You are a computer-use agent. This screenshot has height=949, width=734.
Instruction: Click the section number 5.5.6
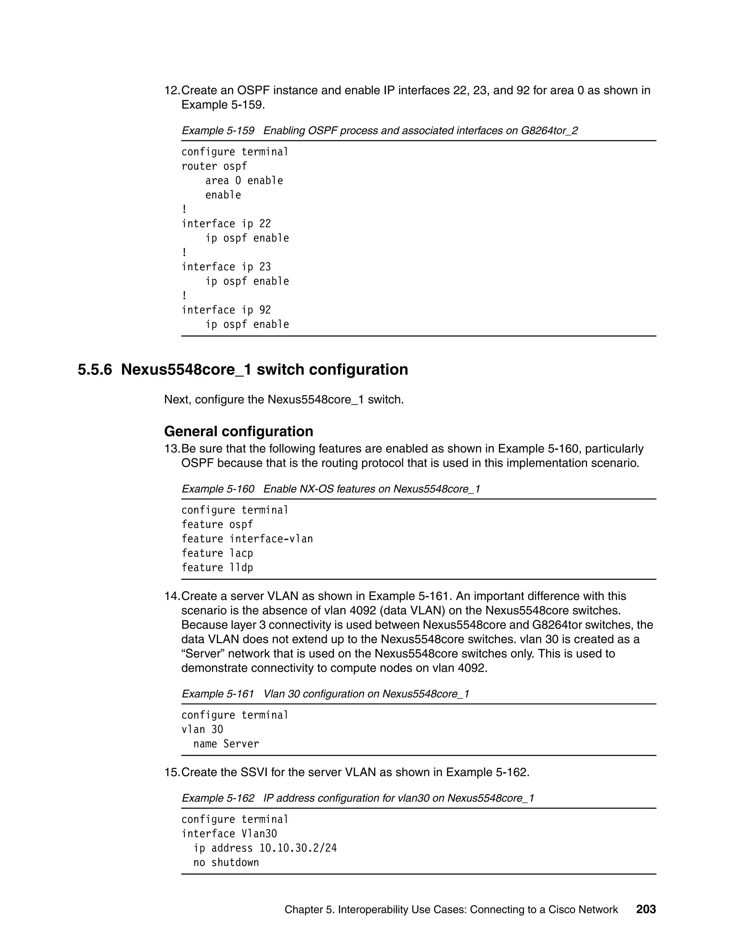coord(95,370)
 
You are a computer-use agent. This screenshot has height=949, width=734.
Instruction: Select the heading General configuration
coord(238,431)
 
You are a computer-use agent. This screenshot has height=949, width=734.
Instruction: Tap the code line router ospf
coord(214,167)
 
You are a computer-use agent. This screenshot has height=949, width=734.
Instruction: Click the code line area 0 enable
coord(244,181)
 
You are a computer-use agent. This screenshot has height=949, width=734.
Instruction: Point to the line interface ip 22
coord(226,224)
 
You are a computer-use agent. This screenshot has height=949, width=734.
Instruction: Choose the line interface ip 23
coord(226,267)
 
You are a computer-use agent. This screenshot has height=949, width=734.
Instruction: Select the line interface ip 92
coord(226,310)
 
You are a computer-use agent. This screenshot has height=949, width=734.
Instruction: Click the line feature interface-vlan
coord(247,539)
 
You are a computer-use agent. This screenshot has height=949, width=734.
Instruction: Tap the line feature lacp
coord(217,553)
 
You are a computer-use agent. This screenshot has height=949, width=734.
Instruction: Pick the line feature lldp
coord(217,568)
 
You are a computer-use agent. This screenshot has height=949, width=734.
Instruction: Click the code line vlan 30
coord(202,729)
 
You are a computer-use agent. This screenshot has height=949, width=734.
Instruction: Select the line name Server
coord(226,744)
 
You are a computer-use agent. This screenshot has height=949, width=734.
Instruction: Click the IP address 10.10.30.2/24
coord(298,848)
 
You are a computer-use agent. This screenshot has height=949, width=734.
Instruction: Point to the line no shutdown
coord(226,863)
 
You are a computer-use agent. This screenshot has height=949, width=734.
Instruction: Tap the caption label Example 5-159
coord(218,131)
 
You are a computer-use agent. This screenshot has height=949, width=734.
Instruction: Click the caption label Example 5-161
coord(218,694)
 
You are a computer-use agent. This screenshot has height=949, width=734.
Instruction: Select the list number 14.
coord(171,596)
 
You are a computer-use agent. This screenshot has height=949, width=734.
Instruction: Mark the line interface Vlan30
coord(229,834)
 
